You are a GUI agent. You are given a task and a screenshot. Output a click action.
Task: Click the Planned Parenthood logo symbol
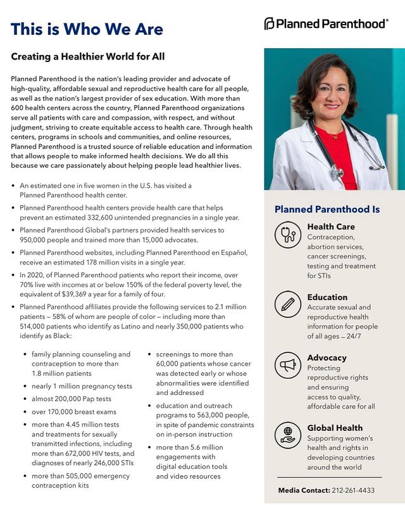[x=270, y=23]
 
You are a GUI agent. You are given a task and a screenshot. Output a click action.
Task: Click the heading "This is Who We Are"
[x=87, y=29]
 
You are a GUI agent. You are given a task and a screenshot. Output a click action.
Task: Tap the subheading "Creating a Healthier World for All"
[x=88, y=57]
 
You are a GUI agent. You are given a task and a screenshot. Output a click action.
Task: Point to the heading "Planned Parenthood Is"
[x=327, y=209]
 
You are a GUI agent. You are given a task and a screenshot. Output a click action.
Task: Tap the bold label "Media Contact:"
[x=304, y=490]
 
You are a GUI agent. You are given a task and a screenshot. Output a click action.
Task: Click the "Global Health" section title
[x=335, y=428]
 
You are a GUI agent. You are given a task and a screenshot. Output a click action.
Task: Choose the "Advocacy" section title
[x=327, y=358]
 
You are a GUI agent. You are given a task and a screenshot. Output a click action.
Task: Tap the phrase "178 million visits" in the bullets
[x=120, y=262]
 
